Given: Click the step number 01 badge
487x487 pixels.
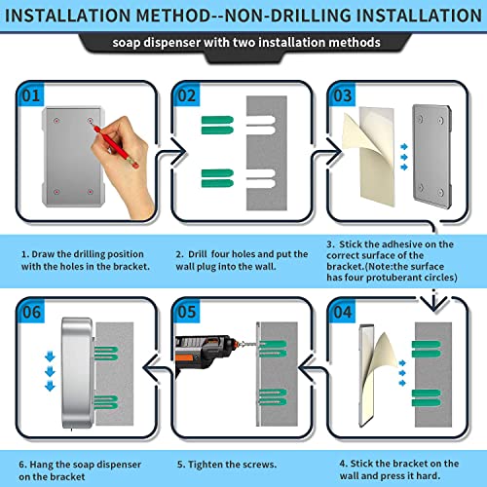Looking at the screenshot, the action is click(x=31, y=94).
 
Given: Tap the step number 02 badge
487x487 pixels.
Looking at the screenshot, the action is click(x=187, y=94).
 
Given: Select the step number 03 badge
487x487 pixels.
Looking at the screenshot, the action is click(x=343, y=94).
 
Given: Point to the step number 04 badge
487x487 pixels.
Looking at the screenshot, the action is click(x=343, y=312).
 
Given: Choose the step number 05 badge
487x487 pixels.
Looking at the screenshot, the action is click(x=187, y=312).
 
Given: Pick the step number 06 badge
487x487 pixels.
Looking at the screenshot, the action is click(x=31, y=312).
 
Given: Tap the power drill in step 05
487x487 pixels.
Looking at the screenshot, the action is click(x=207, y=354).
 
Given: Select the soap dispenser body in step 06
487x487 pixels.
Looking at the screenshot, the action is click(x=77, y=373).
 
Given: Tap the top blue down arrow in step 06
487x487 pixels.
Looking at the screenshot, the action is click(x=50, y=356).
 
